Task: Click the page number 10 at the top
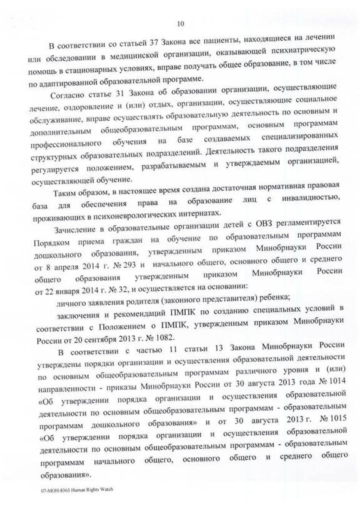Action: point(180,24)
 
